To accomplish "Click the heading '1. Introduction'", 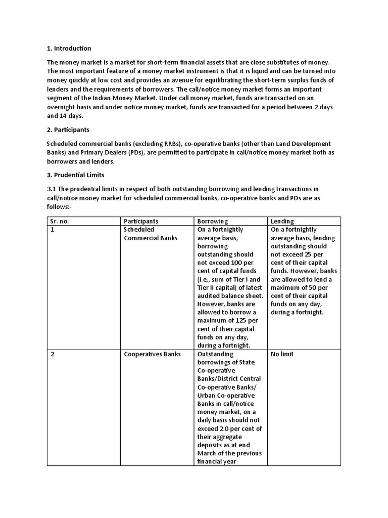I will click(69, 49).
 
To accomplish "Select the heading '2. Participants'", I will click(68, 130).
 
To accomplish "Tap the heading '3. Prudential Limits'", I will click(75, 175).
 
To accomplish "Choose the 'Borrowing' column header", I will click(212, 221).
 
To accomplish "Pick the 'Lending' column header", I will click(282, 221).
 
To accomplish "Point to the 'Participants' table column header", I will click(141, 221).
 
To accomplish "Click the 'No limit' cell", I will click(282, 354).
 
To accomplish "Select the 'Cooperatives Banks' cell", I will click(152, 354).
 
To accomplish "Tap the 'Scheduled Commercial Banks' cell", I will click(151, 234).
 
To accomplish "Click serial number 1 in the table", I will click(52, 230).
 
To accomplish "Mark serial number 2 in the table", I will click(53, 354).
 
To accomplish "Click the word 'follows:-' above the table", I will click(60, 206).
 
